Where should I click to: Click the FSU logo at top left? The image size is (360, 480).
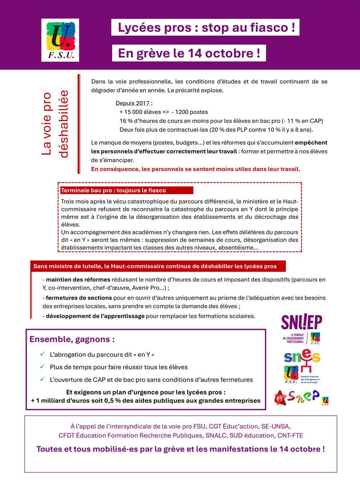pyautogui.click(x=60, y=40)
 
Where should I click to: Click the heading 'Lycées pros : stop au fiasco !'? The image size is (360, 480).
pyautogui.click(x=206, y=27)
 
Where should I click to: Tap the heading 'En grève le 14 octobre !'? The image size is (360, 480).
pyautogui.click(x=189, y=53)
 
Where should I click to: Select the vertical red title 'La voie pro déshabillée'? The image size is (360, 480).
pyautogui.click(x=56, y=124)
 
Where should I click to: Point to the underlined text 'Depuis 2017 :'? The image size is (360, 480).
pyautogui.click(x=134, y=103)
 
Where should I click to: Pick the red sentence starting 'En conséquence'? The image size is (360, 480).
pyautogui.click(x=195, y=169)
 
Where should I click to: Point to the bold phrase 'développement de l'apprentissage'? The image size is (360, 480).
pyautogui.click(x=95, y=316)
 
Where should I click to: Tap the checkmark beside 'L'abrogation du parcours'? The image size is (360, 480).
pyautogui.click(x=42, y=354)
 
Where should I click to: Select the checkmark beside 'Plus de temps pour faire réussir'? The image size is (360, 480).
pyautogui.click(x=42, y=367)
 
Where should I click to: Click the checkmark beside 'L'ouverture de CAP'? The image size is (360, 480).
pyautogui.click(x=42, y=380)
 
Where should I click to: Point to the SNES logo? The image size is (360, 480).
pyautogui.click(x=301, y=365)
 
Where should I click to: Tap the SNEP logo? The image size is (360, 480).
pyautogui.click(x=301, y=397)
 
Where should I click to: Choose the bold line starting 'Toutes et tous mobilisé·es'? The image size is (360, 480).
pyautogui.click(x=180, y=449)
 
